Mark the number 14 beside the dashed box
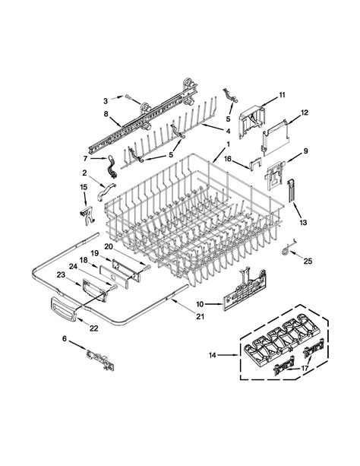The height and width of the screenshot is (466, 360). coord(211,354)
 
